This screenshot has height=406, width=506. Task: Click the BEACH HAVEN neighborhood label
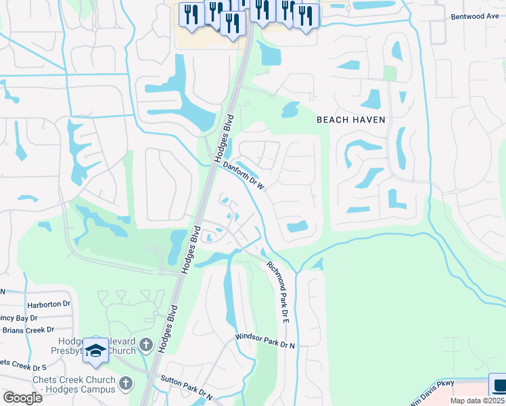coord(351,120)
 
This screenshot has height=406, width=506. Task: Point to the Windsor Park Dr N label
coord(265,340)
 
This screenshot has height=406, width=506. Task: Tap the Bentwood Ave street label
coord(476,16)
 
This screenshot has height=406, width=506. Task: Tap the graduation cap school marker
coord(96,351)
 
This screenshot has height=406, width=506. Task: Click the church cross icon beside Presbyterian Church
coord(145,346)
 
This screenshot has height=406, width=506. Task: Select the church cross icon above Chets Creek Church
coord(125,384)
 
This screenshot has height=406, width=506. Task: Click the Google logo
coord(22,397)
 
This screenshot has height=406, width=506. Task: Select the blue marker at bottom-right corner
coord(499,386)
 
